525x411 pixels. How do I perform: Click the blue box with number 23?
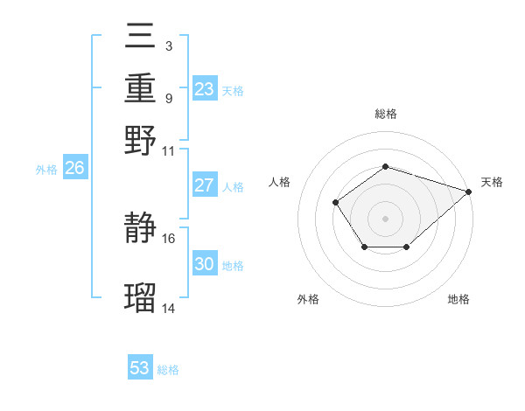[205, 89]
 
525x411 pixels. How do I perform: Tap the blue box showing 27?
[205, 185]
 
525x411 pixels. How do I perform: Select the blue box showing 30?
[205, 264]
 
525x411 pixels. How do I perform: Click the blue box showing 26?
[74, 169]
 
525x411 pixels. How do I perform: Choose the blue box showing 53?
[140, 368]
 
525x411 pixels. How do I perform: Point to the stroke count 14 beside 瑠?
[169, 309]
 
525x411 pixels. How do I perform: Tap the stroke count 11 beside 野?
[169, 150]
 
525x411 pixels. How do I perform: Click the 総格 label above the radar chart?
[385, 114]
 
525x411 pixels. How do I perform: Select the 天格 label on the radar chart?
[492, 182]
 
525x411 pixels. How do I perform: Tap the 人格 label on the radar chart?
[280, 182]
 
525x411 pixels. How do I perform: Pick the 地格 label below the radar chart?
[458, 300]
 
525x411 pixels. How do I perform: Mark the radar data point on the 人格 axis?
[336, 202]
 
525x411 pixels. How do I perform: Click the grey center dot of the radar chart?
[385, 218]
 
